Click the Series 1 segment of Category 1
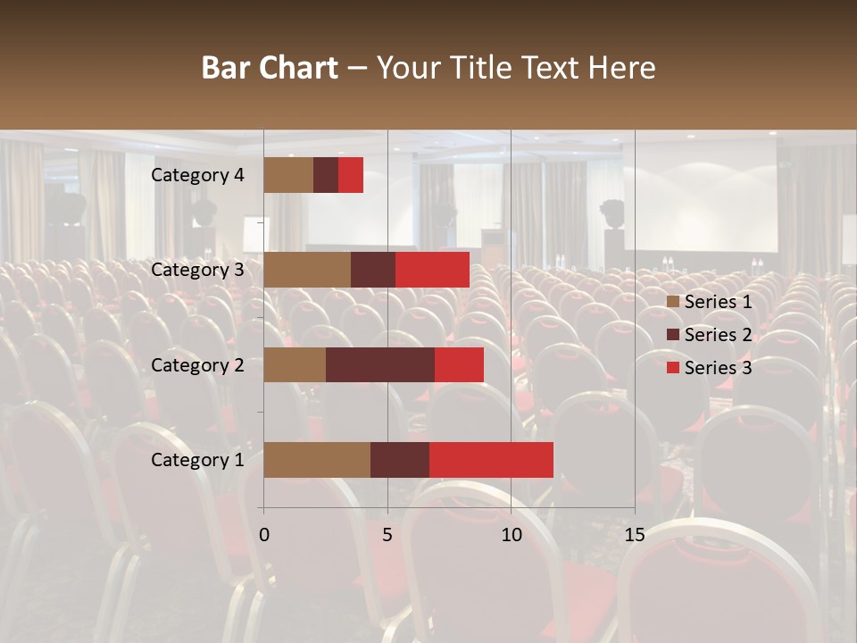click(x=317, y=460)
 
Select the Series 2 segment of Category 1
click(x=400, y=460)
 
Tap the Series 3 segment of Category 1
click(x=491, y=460)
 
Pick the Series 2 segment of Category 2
click(x=380, y=365)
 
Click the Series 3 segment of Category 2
click(x=459, y=365)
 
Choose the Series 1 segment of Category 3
click(x=307, y=270)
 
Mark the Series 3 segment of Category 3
click(x=432, y=270)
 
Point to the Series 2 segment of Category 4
click(x=326, y=175)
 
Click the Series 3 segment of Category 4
click(x=351, y=175)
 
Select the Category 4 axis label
click(x=197, y=175)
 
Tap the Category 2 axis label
click(x=197, y=365)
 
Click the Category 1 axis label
click(x=197, y=460)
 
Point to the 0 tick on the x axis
click(x=264, y=535)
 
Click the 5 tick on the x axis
click(x=387, y=535)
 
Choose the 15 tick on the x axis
click(x=634, y=535)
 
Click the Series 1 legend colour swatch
click(x=672, y=302)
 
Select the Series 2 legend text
click(x=718, y=335)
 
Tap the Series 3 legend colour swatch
click(x=672, y=368)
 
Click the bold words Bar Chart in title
click(x=270, y=68)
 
